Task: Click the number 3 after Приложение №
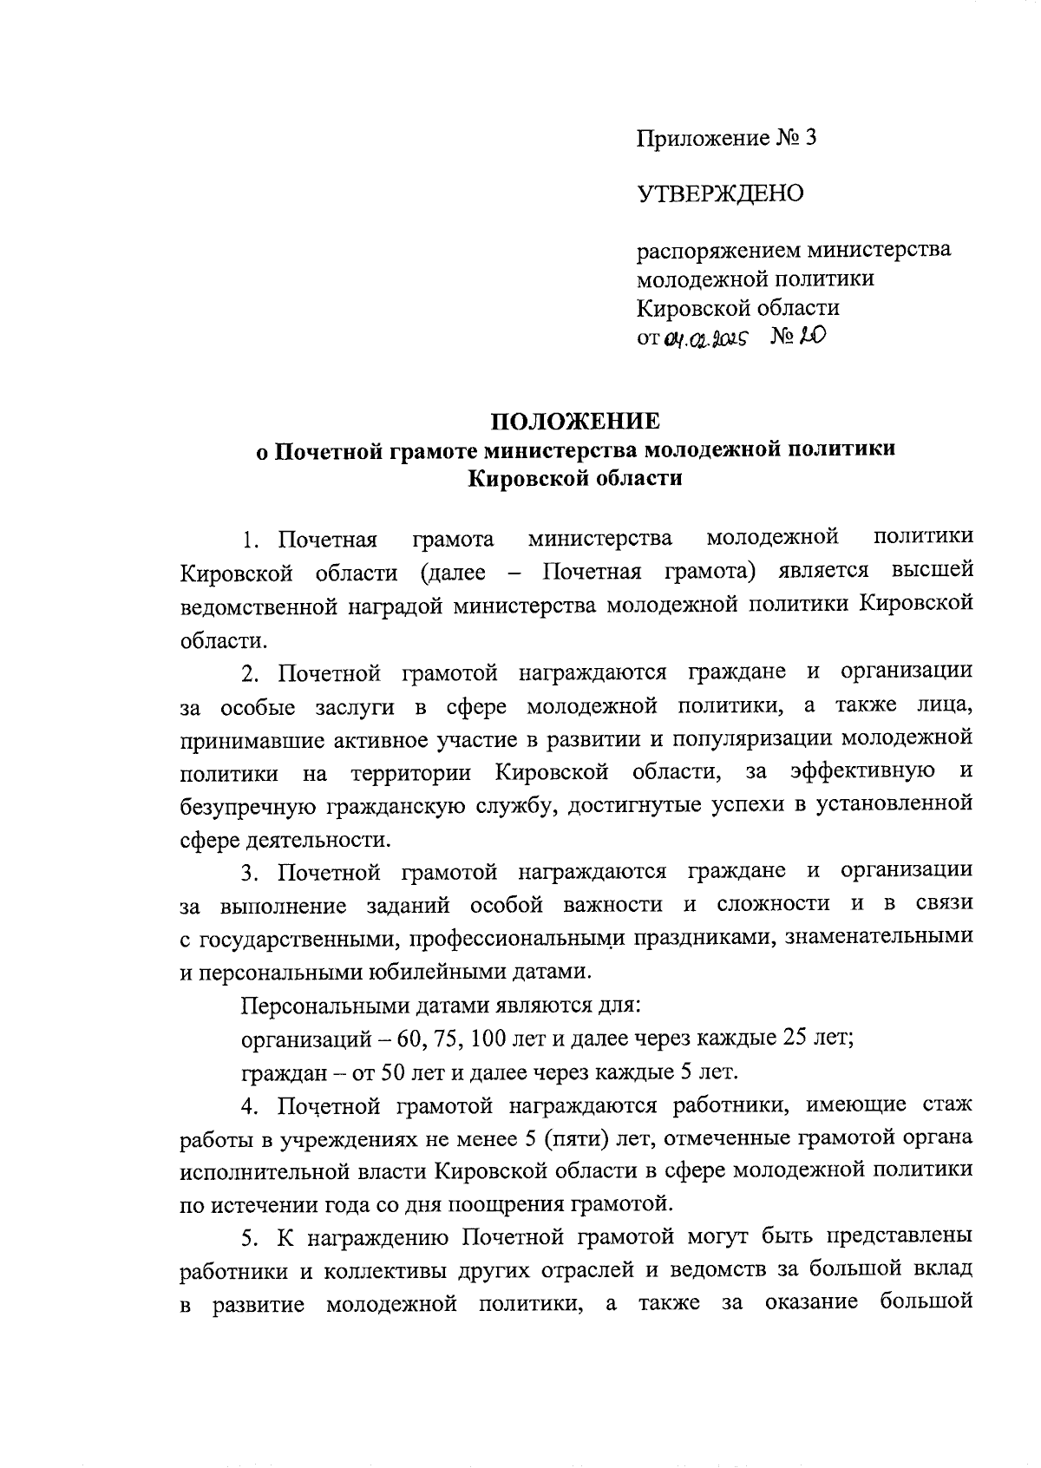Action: click(810, 138)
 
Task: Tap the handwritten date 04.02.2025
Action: click(710, 338)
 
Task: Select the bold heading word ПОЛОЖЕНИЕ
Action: click(575, 422)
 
